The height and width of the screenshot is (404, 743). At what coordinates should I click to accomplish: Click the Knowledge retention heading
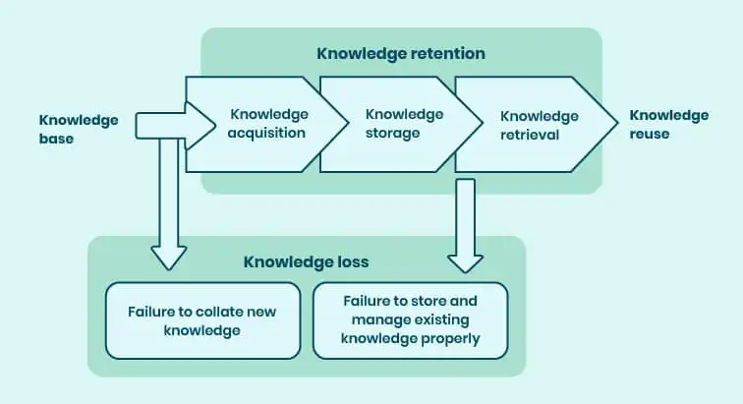click(x=401, y=52)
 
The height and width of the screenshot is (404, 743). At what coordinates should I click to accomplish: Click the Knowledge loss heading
click(x=306, y=262)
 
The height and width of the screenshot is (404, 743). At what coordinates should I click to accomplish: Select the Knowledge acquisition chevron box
click(x=266, y=123)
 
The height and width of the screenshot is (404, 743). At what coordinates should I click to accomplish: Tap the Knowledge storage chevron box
click(x=392, y=123)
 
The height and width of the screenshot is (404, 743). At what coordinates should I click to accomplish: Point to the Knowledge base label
click(x=79, y=129)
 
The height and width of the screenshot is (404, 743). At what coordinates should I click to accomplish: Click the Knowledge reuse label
click(x=668, y=124)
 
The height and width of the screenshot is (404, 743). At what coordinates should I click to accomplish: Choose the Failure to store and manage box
click(x=410, y=319)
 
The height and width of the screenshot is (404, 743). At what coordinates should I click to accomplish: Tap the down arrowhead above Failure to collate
click(x=169, y=257)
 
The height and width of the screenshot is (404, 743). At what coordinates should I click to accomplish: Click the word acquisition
click(x=267, y=133)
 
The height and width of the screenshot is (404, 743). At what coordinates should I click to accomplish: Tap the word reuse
click(x=650, y=134)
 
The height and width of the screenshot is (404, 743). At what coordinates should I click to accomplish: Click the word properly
click(x=453, y=339)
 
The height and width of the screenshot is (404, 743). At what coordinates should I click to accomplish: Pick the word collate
click(x=222, y=312)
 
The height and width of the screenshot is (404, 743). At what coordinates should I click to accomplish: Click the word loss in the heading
click(x=351, y=262)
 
